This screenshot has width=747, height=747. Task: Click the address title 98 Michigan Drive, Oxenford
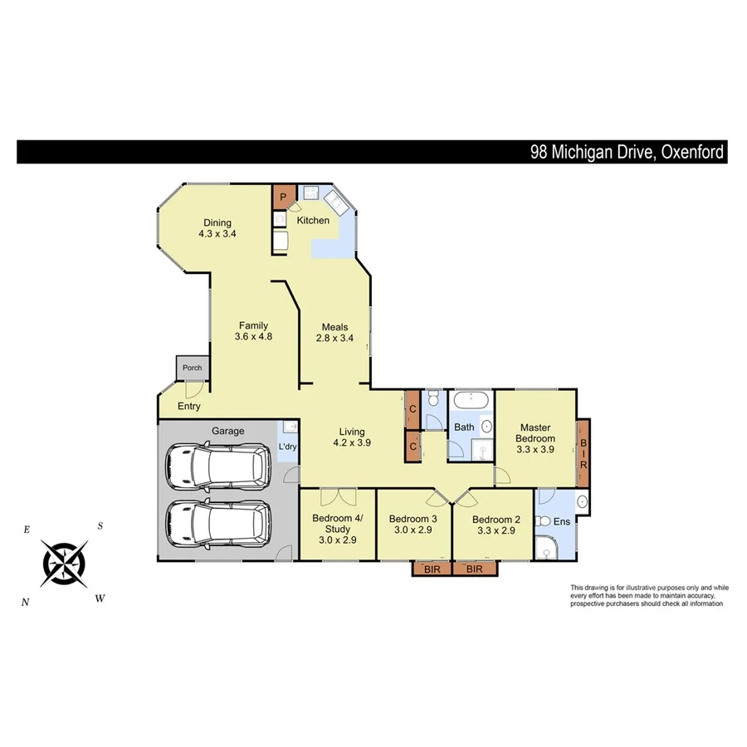pos(627,152)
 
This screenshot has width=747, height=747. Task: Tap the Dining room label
pos(214,222)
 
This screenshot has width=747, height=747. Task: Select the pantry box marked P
pos(283,198)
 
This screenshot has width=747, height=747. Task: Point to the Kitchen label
pos(313,220)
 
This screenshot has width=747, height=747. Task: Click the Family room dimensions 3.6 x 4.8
pos(253,337)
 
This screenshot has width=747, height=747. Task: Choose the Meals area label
pos(331,326)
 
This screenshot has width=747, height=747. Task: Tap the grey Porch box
pos(192,368)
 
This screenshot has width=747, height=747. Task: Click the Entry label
pos(189,406)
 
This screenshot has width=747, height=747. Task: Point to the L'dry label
pos(288,447)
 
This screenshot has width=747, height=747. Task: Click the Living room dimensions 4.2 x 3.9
pos(352,442)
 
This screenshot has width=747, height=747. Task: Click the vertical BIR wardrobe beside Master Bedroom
pos(583,452)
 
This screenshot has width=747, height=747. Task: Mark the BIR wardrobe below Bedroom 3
pos(432,569)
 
